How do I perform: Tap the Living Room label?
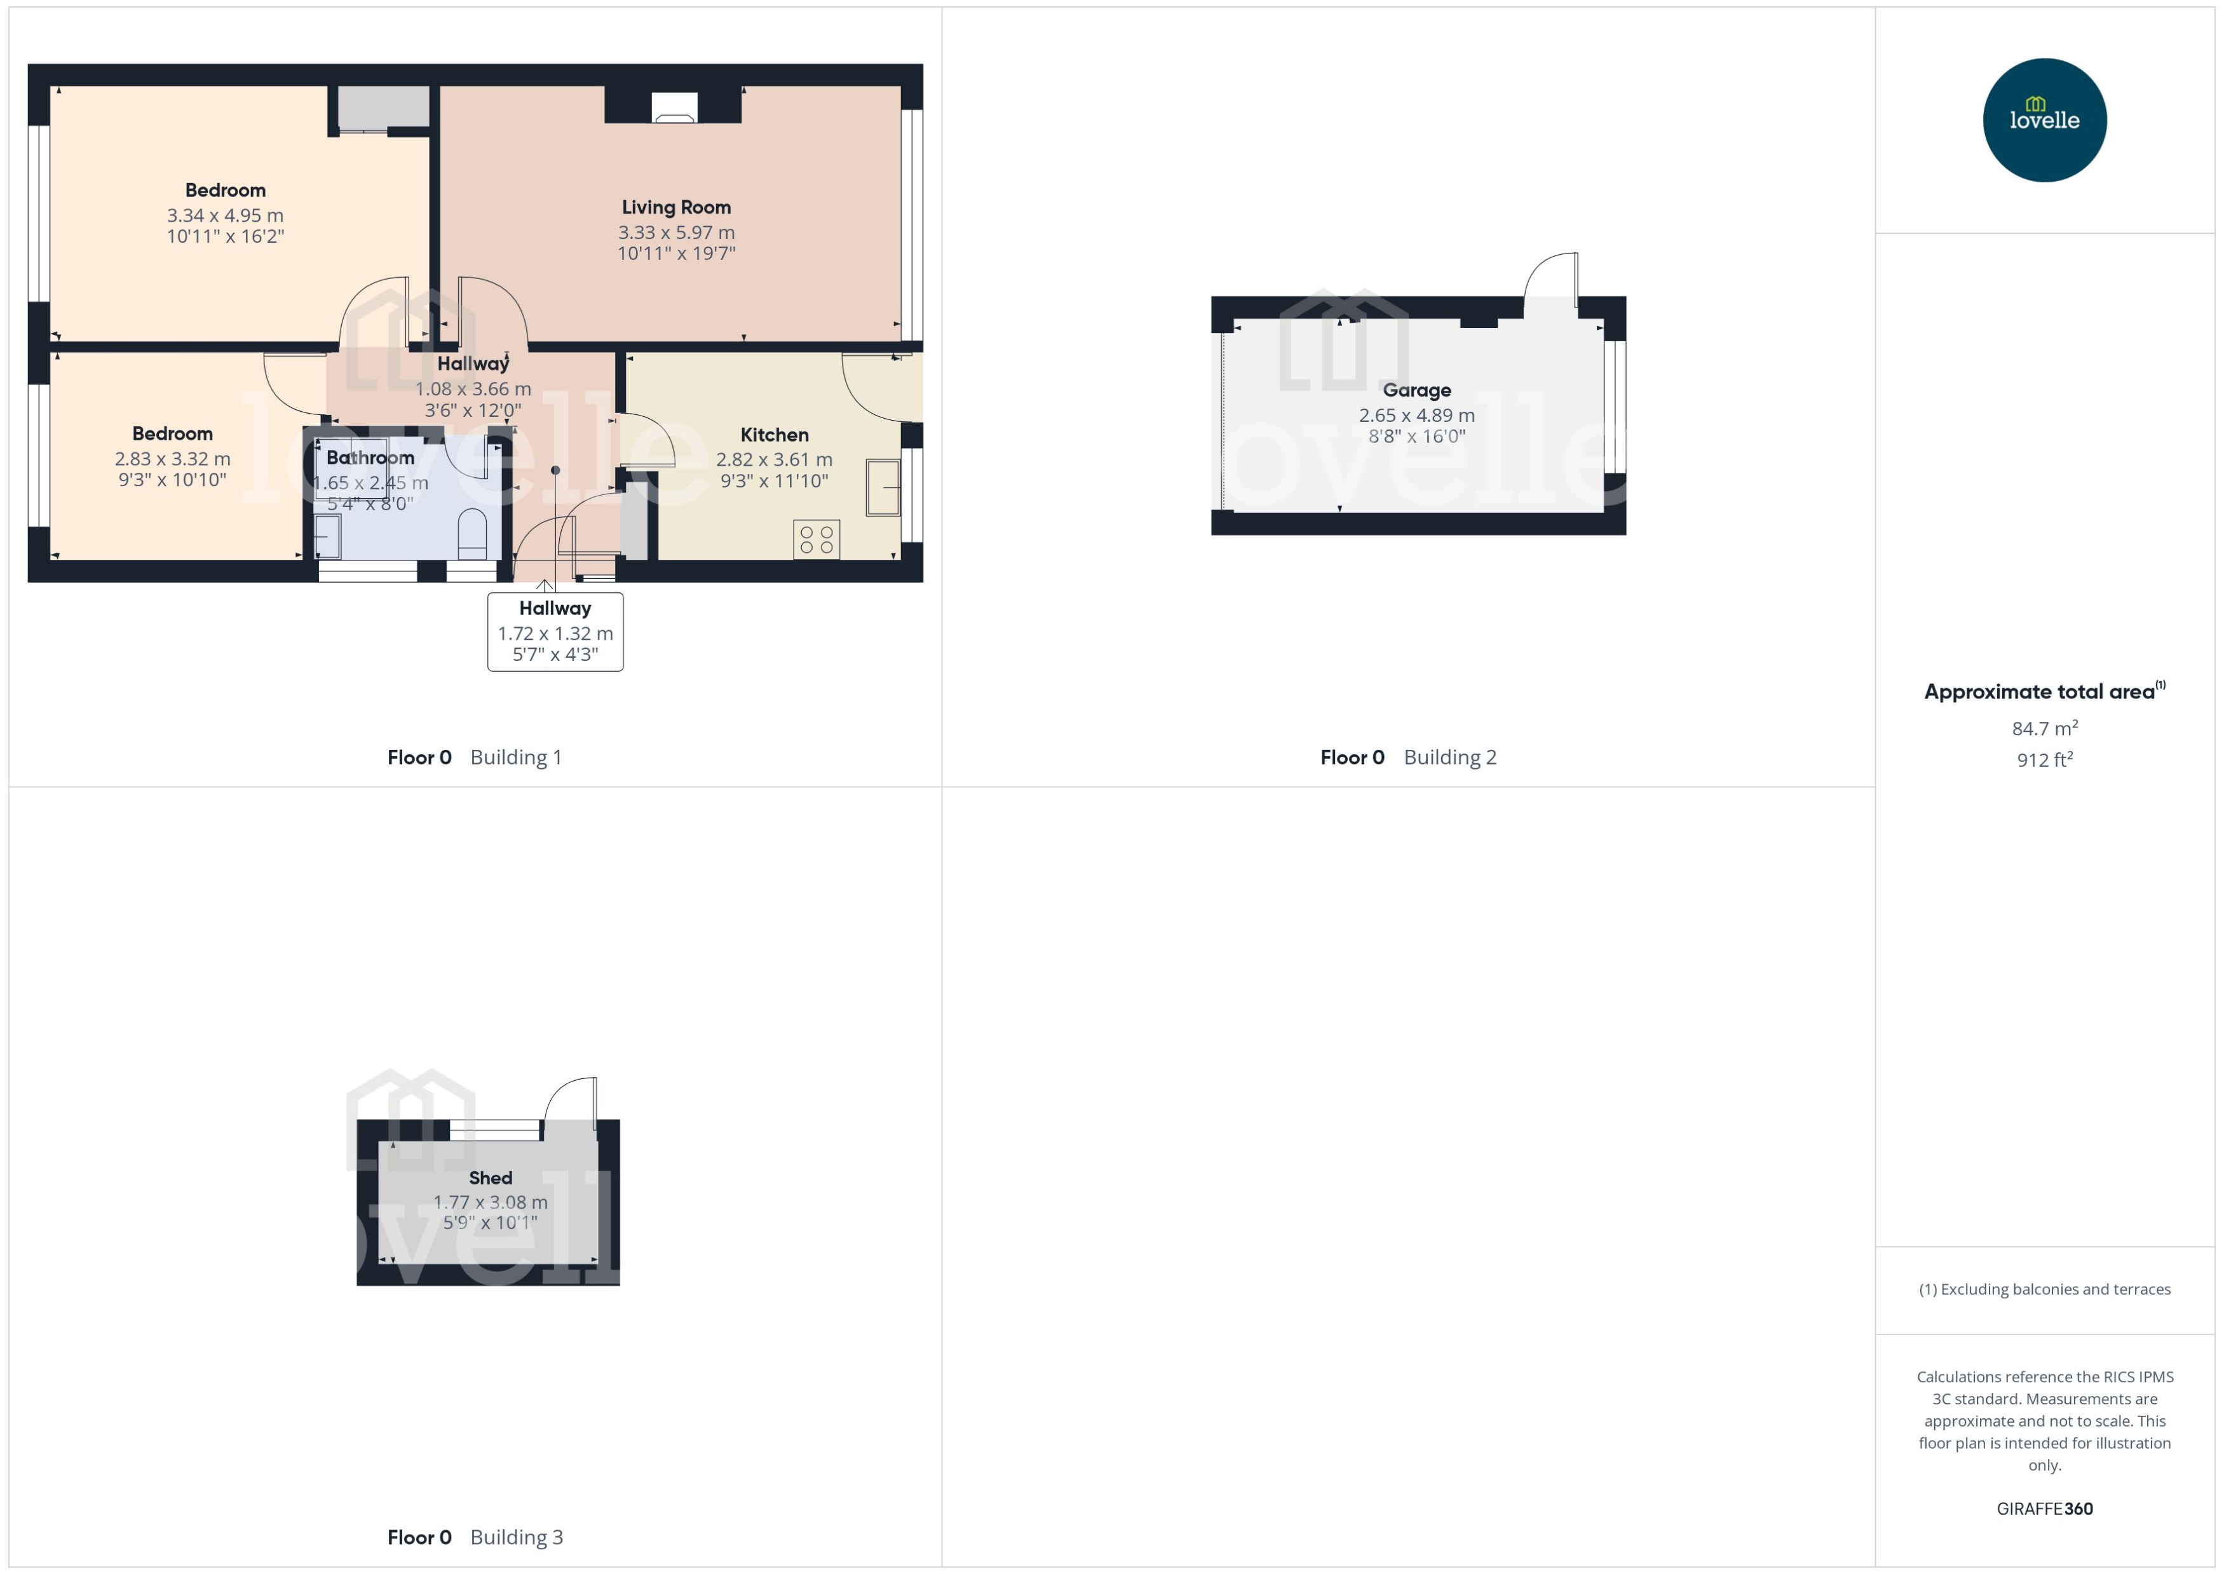(675, 207)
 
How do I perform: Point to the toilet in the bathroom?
(472, 532)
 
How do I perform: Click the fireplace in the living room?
(672, 107)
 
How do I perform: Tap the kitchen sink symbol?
(882, 487)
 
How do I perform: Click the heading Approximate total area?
(2039, 692)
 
